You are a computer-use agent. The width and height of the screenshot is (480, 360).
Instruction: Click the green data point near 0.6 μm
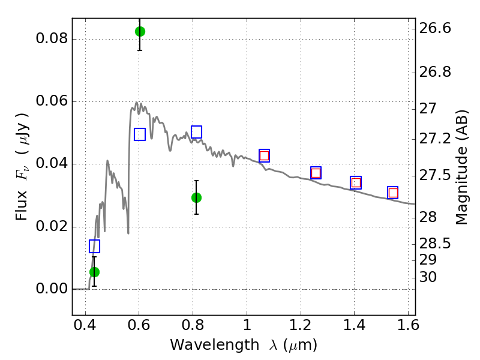[140, 32]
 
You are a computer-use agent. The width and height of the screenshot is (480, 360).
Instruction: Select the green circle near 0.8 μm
[197, 198]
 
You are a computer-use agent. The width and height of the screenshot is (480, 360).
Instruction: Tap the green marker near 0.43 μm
[95, 272]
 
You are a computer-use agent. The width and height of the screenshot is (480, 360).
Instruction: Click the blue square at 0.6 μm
[140, 134]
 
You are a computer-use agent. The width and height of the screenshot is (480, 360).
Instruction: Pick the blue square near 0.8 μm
[197, 132]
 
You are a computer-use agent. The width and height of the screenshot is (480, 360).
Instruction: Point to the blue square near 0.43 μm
[95, 246]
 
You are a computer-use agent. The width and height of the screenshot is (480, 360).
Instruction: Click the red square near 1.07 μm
[264, 156]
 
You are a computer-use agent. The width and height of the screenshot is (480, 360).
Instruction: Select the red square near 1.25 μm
[316, 173]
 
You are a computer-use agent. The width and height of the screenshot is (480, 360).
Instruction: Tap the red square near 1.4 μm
[356, 183]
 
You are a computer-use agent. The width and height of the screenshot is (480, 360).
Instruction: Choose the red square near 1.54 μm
[393, 193]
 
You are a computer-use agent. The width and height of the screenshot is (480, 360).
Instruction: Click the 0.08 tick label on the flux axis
[52, 39]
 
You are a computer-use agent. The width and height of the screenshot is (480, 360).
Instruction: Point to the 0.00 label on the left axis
[52, 289]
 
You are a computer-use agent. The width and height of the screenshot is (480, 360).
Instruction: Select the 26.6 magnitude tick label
[435, 28]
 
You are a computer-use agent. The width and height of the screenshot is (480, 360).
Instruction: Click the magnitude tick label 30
[428, 277]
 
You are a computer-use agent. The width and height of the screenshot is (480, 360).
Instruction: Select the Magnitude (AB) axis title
[461, 167]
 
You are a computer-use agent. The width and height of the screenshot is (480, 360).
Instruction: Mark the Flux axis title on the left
[22, 167]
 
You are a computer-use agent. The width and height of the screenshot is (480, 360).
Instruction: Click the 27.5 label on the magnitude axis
[435, 175]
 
